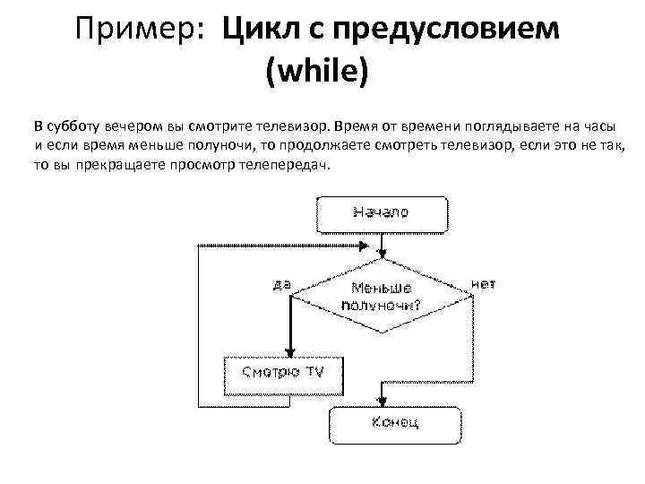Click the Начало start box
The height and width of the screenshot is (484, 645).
[380, 214]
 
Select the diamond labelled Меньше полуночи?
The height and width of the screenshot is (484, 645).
[380, 295]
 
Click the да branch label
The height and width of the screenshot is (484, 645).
[280, 285]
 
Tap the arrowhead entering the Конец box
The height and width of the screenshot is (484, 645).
[384, 402]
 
